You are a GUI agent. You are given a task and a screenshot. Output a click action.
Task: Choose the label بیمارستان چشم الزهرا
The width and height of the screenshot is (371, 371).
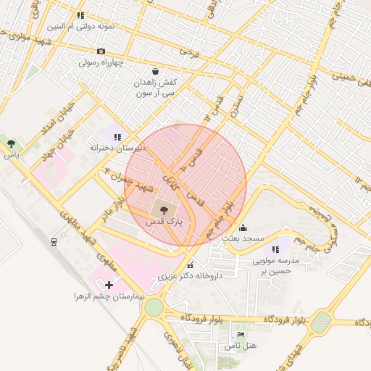tap(109, 297)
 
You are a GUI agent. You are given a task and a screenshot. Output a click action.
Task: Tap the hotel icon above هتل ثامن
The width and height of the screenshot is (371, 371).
tap(241, 334)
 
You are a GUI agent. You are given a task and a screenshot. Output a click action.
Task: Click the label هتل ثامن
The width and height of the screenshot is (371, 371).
tap(241, 346)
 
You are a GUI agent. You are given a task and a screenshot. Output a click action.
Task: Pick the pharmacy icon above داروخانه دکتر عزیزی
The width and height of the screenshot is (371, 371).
tap(190, 265)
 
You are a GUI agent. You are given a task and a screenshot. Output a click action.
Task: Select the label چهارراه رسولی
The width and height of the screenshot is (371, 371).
tap(102, 62)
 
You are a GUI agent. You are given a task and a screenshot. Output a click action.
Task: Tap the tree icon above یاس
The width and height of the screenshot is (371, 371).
tap(11, 143)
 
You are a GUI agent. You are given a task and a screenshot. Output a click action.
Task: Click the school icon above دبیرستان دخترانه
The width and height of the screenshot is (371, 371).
tap(117, 136)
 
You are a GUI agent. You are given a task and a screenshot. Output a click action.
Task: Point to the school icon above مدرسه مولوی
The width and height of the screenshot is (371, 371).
tap(275, 249)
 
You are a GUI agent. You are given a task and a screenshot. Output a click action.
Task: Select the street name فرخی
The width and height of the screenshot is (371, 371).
tap(189, 53)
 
